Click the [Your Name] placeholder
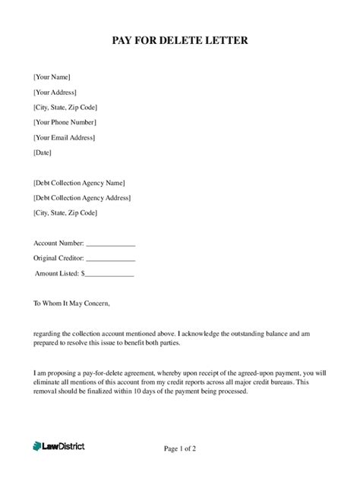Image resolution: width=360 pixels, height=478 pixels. [52, 77]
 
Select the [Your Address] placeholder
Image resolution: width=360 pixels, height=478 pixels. [55, 93]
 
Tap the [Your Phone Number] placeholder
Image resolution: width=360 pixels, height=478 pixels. [65, 122]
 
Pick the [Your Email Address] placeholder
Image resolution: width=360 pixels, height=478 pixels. [65, 137]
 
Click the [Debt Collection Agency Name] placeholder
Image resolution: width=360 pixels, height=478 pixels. [79, 183]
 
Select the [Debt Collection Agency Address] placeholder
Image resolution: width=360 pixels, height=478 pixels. [82, 198]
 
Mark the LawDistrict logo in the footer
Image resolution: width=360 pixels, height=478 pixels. [58, 447]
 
